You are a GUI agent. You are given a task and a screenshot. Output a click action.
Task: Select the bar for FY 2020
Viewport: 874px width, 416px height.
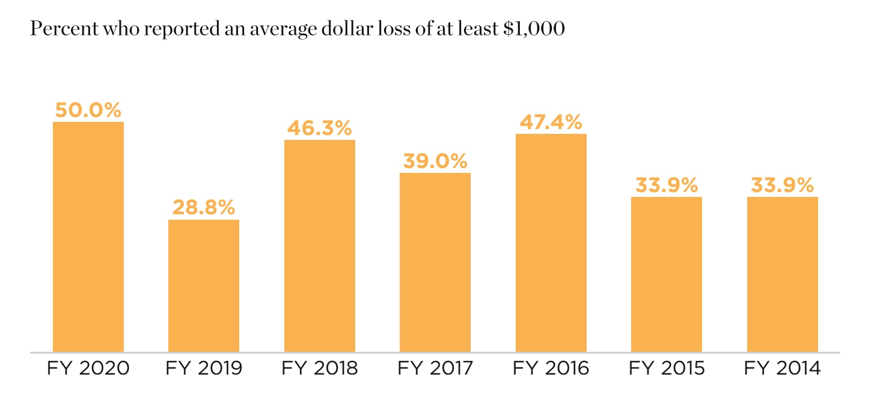point(88,237)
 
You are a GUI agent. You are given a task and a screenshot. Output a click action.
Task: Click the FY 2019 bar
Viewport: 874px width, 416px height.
point(204,286)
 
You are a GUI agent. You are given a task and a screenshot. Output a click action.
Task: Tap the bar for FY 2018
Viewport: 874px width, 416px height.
point(320,246)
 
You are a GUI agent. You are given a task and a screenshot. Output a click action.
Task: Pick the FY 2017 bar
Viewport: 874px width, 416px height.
point(435,262)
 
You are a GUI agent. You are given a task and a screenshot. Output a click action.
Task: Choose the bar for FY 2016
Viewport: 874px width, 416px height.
point(551,243)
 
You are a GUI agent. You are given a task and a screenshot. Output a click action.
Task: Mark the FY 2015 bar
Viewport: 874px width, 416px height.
point(667,274)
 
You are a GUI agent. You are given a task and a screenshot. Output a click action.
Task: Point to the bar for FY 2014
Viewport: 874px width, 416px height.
point(783,274)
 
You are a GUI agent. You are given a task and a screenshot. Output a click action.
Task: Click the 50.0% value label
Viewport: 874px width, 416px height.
point(88,110)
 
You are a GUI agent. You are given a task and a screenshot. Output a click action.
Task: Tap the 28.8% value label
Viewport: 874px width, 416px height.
point(204,207)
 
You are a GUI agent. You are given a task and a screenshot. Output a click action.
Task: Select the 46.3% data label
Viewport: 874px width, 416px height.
point(320,128)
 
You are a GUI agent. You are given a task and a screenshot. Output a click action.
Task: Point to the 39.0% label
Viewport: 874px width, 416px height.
point(435,161)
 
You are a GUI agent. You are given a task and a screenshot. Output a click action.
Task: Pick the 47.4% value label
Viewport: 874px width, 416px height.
point(551,122)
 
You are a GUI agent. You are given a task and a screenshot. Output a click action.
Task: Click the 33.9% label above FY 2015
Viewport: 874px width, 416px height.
point(667,185)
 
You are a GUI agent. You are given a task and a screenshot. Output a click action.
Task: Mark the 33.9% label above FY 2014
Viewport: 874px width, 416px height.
point(783,185)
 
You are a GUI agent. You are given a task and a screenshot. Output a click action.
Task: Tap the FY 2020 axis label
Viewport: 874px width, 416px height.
point(88,368)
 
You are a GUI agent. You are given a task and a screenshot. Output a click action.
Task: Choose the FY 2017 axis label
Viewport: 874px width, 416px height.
point(435,368)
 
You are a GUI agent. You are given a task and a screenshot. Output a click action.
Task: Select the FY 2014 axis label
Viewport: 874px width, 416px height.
point(783,368)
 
